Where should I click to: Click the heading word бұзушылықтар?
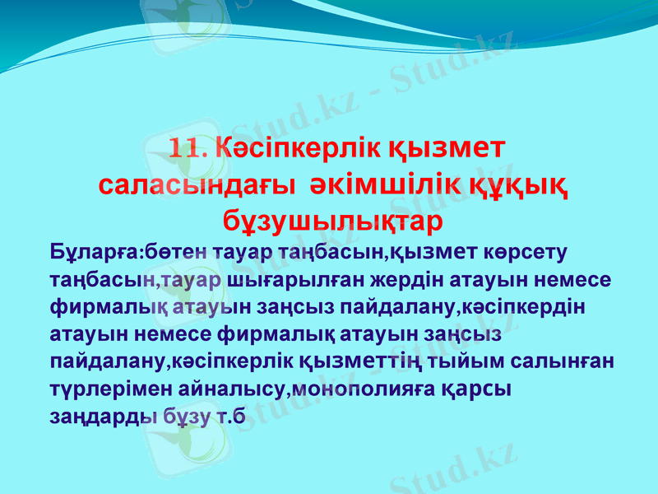click(x=333, y=221)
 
